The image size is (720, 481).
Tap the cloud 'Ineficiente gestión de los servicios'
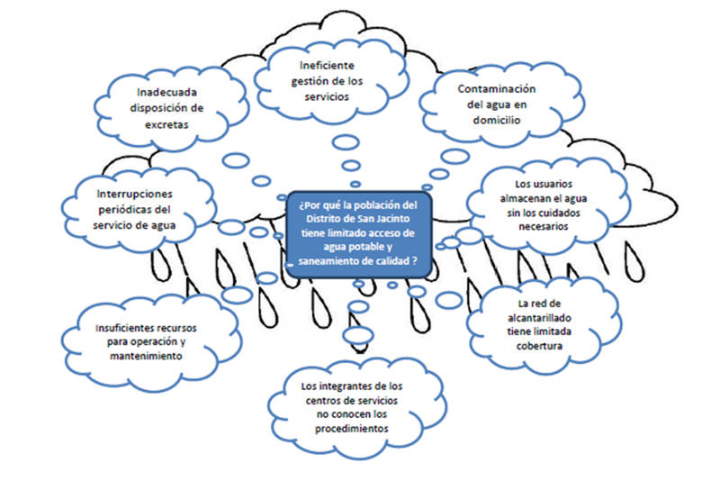coord(327,79)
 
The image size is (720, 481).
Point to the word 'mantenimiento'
coord(143,358)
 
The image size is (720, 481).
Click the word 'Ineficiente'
coord(328,65)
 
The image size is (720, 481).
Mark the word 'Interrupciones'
coord(135,194)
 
